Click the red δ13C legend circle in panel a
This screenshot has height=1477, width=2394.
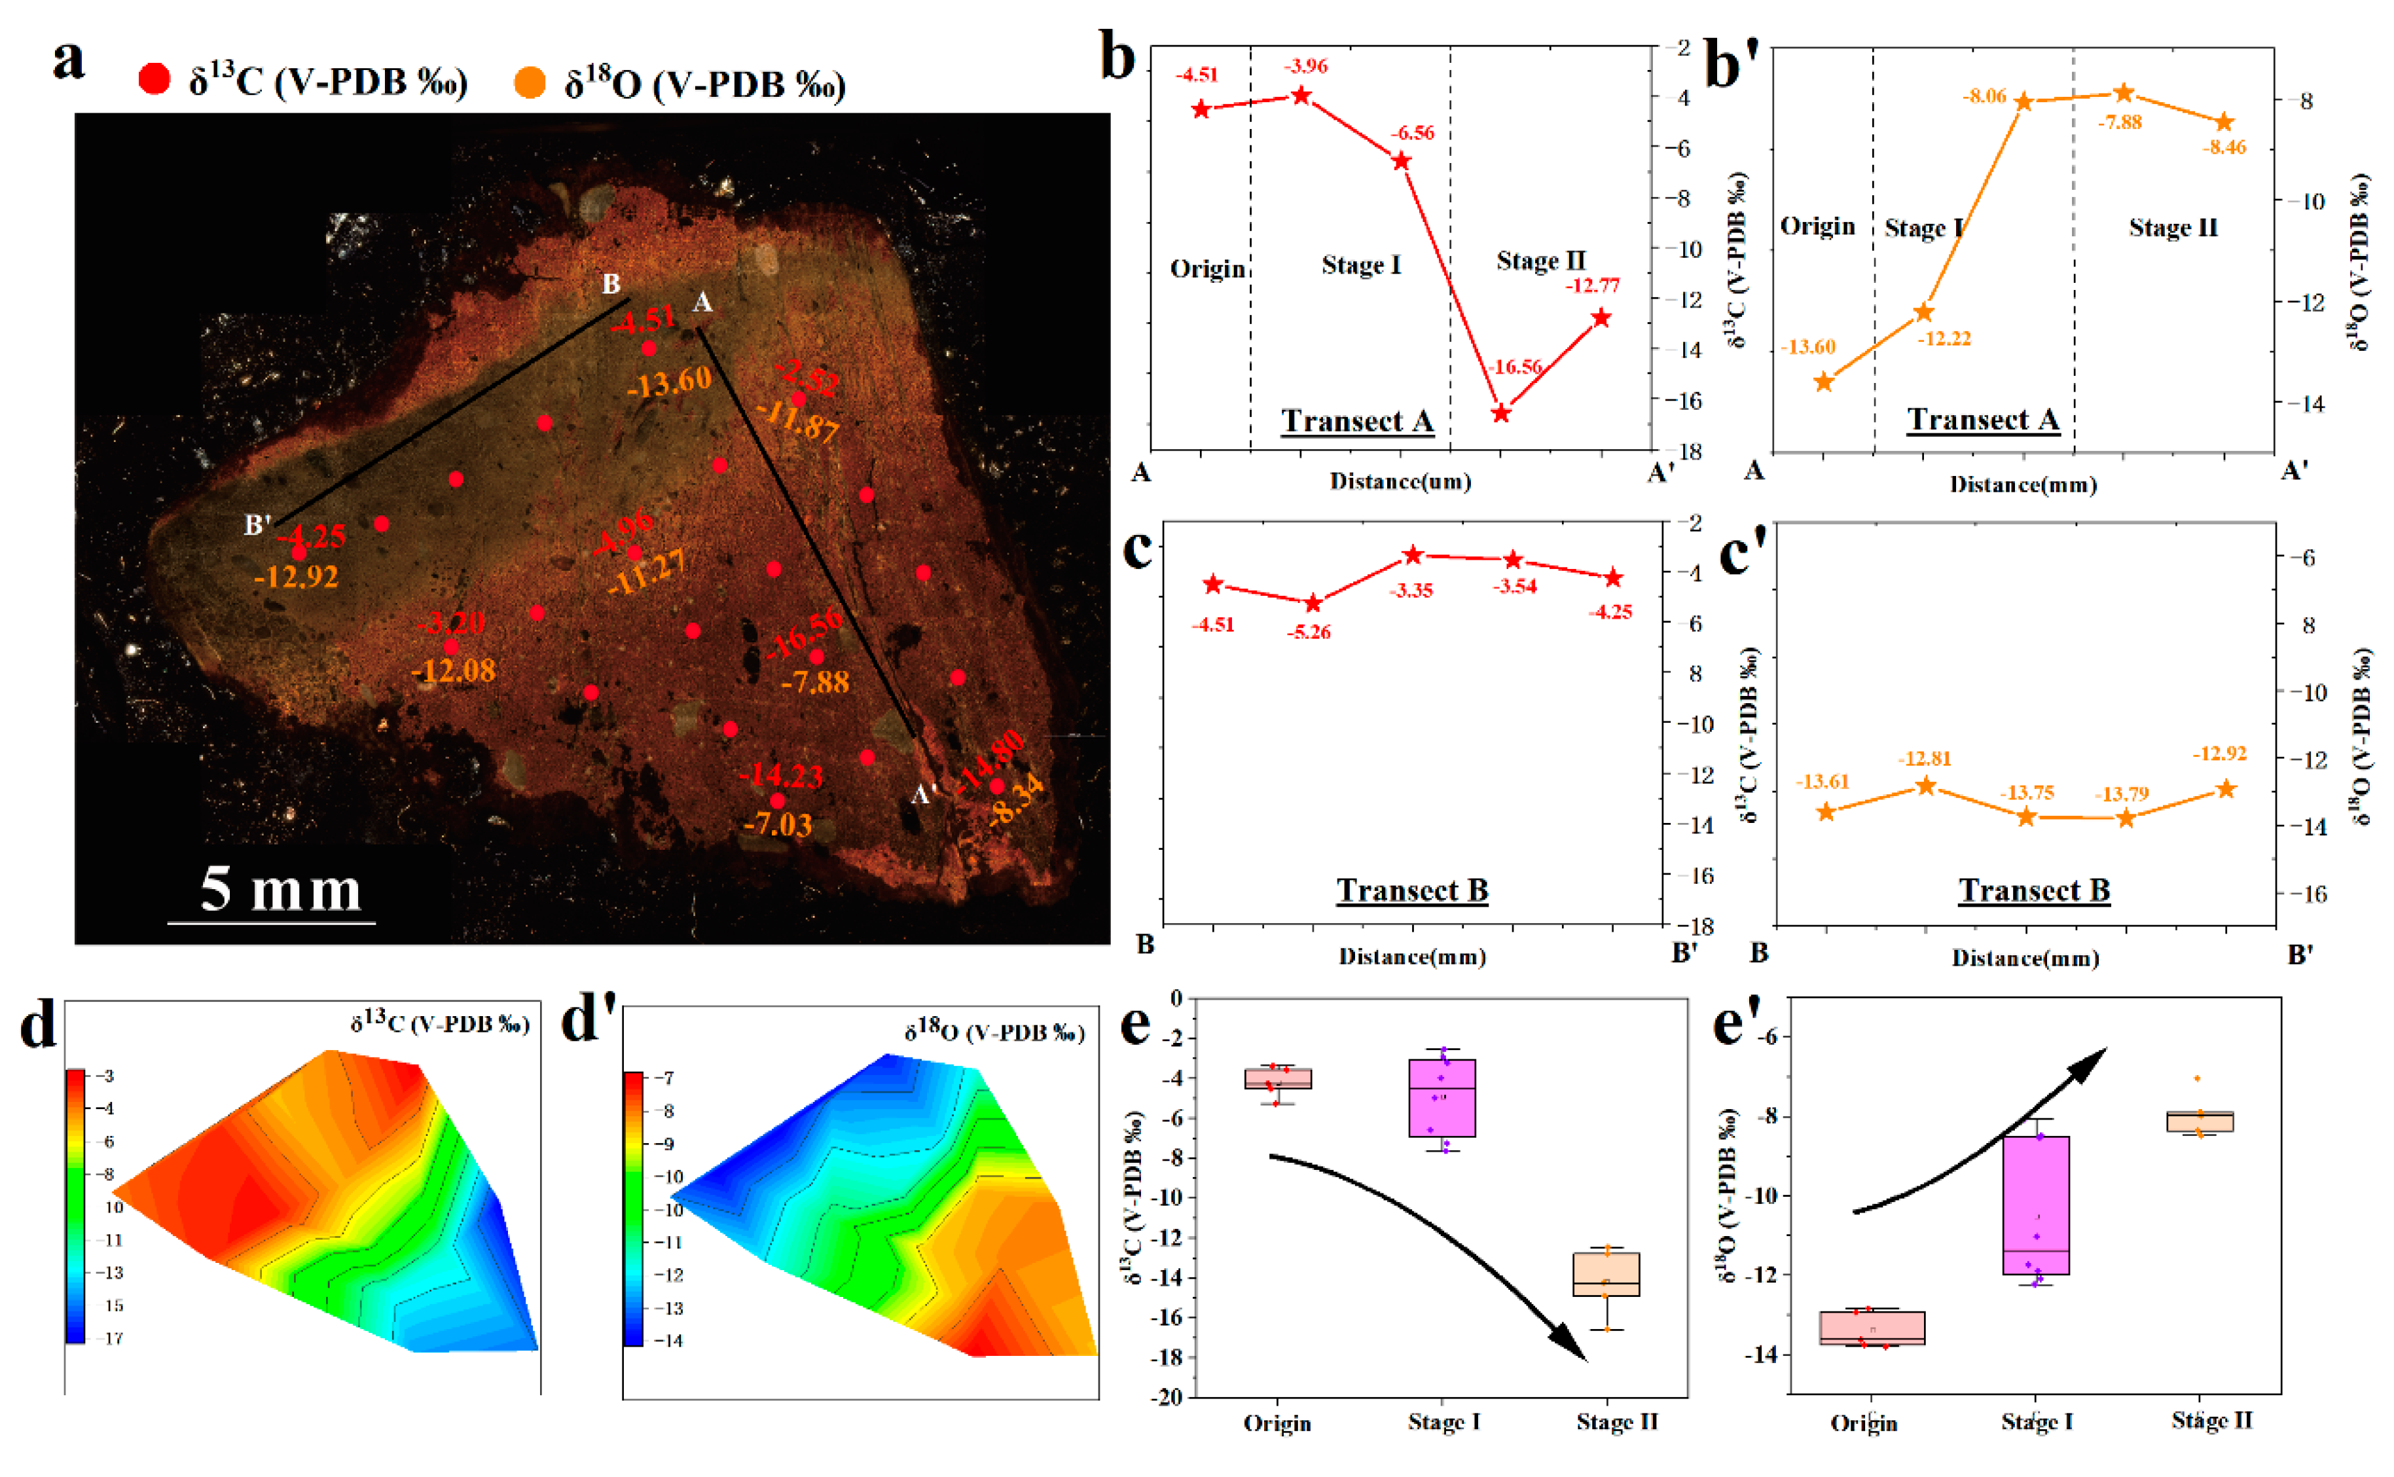click(154, 79)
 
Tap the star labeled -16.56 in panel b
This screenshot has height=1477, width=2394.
click(1501, 413)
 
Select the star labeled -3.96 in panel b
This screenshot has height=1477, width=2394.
click(1301, 96)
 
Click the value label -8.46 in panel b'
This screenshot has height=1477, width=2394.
click(2224, 147)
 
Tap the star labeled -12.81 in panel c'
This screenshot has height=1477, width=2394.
click(1926, 786)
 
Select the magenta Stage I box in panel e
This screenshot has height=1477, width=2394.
click(1442, 1097)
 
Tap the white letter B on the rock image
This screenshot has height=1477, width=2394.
click(611, 283)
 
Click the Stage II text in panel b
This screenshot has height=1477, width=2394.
click(1540, 261)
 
